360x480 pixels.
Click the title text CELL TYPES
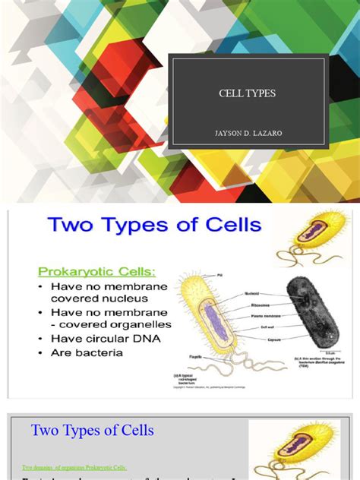click(248, 93)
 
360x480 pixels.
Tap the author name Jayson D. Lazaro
click(248, 134)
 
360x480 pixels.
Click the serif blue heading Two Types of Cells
click(93, 431)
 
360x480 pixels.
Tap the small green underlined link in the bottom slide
click(74, 467)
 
